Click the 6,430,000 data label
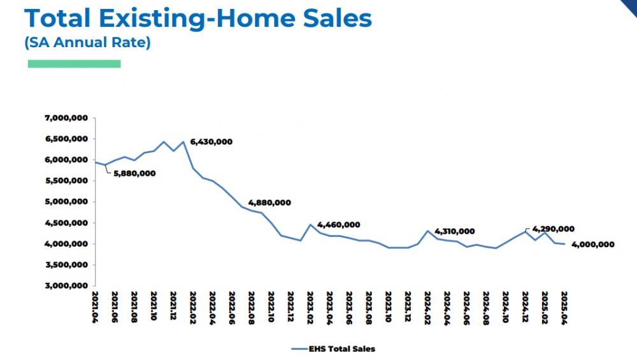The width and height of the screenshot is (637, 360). pos(211,142)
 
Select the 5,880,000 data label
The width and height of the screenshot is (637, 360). pos(134,173)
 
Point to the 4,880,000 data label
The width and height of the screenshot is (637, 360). pos(269,203)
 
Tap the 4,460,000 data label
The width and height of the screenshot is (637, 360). pos(338,225)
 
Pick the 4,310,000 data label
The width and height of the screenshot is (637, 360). pos(454,231)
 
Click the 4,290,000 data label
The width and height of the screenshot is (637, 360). pos(553,229)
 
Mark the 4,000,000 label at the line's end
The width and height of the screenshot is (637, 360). pos(592,245)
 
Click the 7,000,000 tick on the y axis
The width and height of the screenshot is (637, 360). pos(66,118)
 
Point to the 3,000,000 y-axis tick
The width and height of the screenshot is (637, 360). pos(66,286)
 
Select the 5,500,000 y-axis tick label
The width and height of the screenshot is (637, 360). pos(66,181)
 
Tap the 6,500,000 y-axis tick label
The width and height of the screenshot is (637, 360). pos(66,139)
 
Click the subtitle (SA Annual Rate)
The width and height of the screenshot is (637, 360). pos(87,44)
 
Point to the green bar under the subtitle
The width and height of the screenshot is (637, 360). pos(74,64)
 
